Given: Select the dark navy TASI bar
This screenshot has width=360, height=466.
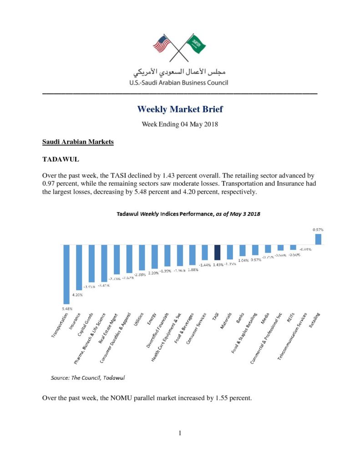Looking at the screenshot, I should tap(217, 253).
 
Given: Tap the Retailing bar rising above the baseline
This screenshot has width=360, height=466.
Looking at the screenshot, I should tap(318, 239).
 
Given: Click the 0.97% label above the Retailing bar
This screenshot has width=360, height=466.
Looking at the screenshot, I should tap(318, 230).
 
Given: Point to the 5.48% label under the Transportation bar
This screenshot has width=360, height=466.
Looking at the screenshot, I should tap(66, 308).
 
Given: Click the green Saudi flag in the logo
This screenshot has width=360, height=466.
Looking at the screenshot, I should tap(198, 44).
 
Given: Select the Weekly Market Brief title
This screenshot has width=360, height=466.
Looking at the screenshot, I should tap(180, 110).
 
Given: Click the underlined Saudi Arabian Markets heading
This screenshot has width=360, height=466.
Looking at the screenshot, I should tap(78, 142).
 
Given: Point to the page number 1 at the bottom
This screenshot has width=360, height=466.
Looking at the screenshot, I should tap(180, 433).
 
